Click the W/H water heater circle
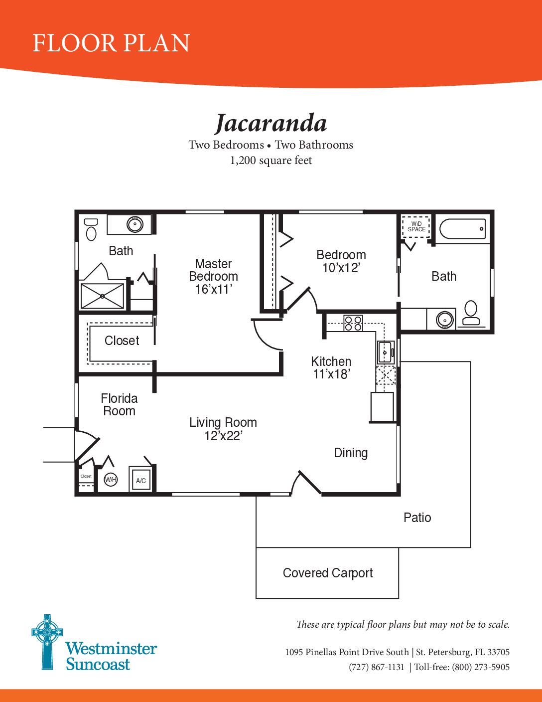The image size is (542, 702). (x=111, y=480)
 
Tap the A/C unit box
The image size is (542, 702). (x=141, y=479)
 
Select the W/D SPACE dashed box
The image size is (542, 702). (x=416, y=227)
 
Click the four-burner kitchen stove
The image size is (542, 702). (x=353, y=323)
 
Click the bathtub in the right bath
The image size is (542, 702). (x=463, y=229)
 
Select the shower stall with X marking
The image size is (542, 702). (x=102, y=296)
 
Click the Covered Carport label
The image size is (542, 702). (x=328, y=573)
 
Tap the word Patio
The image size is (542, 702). (x=417, y=518)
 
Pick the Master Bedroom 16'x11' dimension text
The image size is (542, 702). (x=213, y=289)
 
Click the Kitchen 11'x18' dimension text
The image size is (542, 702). (x=332, y=374)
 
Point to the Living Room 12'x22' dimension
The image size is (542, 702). (x=223, y=436)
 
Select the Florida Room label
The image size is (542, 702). (x=119, y=405)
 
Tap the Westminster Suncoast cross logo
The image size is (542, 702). (x=47, y=642)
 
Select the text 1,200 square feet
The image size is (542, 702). (x=271, y=161)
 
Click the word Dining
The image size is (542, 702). (x=351, y=453)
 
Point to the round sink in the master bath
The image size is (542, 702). (x=135, y=224)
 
